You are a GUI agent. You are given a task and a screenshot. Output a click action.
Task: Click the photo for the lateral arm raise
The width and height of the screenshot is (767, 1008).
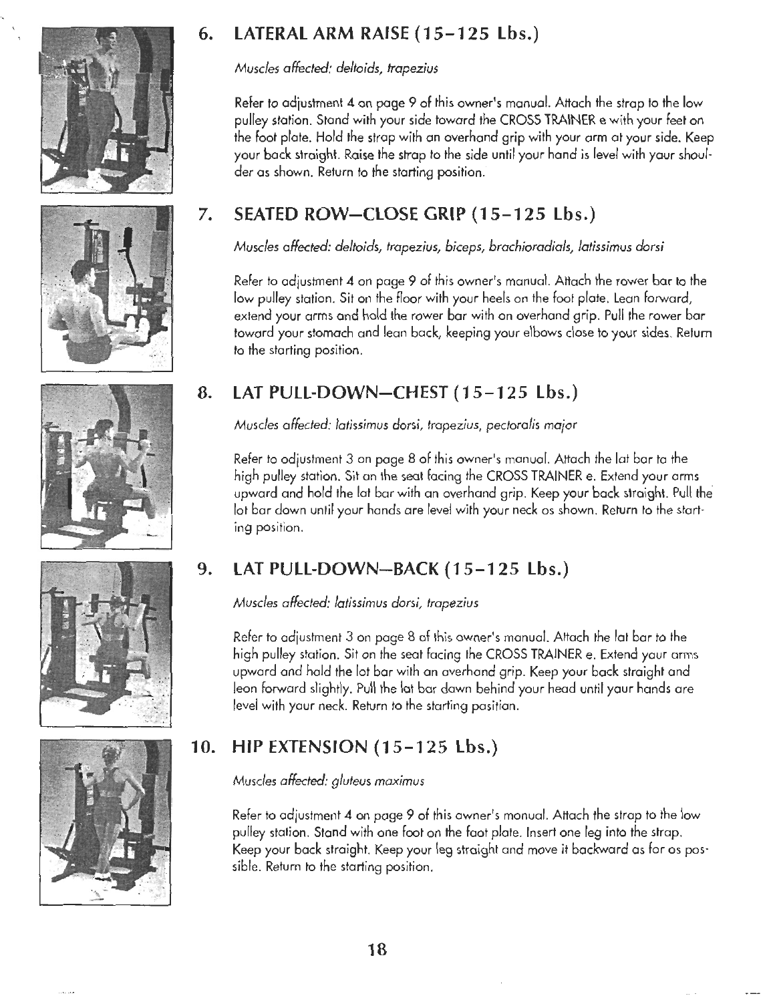point(106,110)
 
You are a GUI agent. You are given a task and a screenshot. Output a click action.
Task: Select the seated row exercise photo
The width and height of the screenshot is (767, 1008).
point(106,287)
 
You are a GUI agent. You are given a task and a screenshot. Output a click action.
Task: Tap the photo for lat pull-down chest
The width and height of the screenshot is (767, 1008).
point(106,465)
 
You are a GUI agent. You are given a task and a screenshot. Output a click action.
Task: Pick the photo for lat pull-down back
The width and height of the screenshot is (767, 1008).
point(106,643)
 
